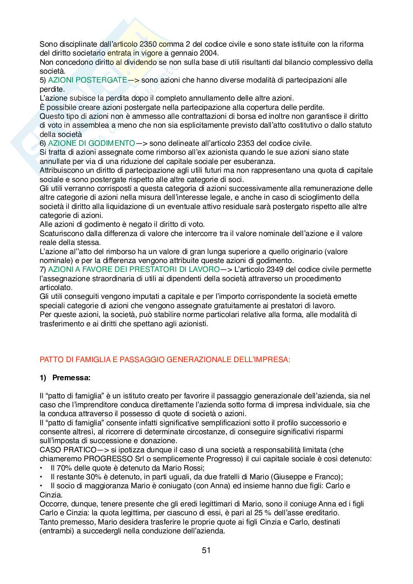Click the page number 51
[206, 550]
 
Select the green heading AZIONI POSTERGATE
[88, 80]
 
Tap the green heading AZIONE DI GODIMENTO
[91, 144]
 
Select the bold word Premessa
[71, 378]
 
